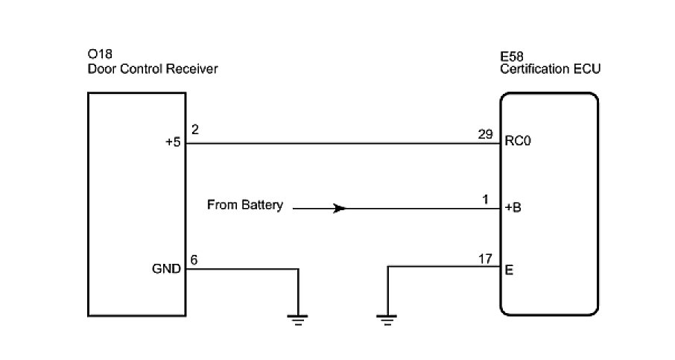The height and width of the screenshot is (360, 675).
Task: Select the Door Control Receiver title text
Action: coord(152,69)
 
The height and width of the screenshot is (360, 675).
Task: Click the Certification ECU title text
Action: coord(550,69)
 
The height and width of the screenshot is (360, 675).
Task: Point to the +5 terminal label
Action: coord(173,143)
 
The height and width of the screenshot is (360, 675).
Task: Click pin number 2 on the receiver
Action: coord(194,130)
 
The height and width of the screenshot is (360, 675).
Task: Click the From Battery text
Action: coord(245,206)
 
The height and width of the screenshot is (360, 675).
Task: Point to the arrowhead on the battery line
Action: coord(339,209)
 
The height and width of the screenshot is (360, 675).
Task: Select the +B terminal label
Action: coord(513,208)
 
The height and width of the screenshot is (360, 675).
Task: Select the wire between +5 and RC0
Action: coord(343,144)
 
